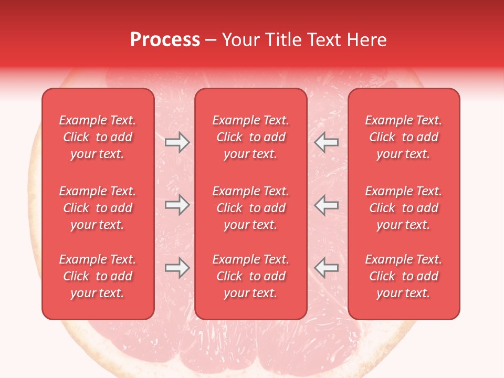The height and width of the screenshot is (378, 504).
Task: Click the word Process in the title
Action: (165, 40)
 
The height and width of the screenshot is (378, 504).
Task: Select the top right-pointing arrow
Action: (177, 142)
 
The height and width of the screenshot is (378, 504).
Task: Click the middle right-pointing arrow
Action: (177, 205)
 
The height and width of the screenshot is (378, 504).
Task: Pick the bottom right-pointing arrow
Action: (177, 268)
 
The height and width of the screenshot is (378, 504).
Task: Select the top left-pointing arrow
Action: (327, 142)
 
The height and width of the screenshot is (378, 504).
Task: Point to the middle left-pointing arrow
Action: (327, 205)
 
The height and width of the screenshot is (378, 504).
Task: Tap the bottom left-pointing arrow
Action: (327, 268)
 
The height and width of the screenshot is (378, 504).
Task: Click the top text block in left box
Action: (98, 137)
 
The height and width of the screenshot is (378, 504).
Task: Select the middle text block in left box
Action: (98, 208)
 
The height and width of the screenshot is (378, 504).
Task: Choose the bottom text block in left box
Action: (98, 276)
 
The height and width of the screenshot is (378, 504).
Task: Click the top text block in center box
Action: (250, 137)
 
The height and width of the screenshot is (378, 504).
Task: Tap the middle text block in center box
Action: (250, 208)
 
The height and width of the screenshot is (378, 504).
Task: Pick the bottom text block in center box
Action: (250, 276)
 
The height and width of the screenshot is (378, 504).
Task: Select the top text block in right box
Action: (403, 137)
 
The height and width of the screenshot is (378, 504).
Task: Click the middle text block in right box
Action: (403, 208)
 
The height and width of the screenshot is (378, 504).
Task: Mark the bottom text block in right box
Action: (403, 276)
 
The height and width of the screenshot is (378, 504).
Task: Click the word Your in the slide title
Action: (240, 40)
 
